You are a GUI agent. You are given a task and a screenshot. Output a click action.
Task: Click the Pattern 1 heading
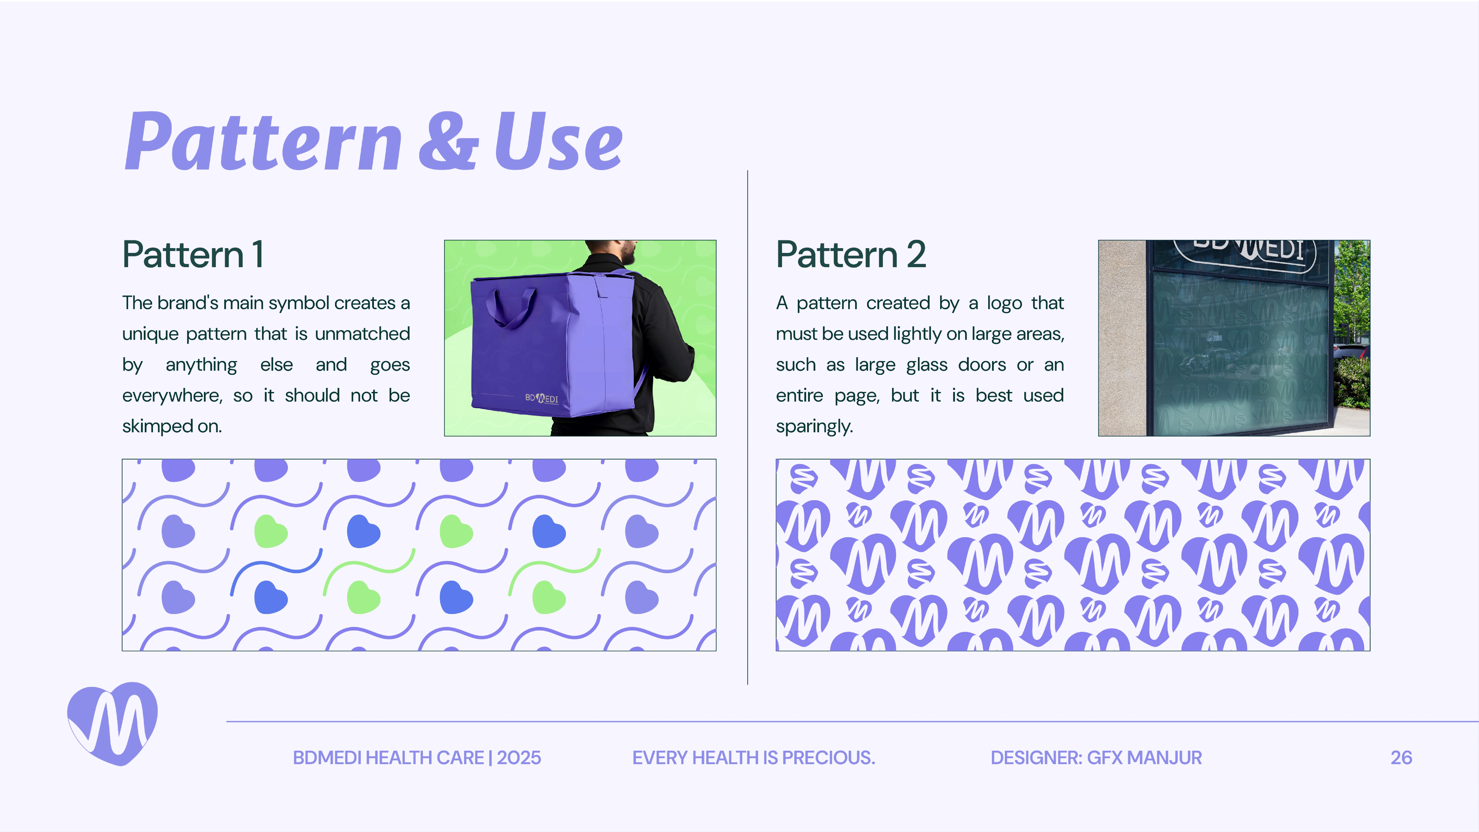click(193, 254)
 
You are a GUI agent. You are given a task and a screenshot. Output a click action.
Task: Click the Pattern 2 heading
click(851, 254)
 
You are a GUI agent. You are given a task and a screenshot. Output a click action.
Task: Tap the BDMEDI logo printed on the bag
click(541, 398)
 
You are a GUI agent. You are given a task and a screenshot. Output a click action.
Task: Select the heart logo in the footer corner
click(113, 723)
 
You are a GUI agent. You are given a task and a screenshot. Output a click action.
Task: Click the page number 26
click(1401, 758)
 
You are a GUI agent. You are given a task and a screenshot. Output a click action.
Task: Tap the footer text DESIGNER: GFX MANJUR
click(1096, 758)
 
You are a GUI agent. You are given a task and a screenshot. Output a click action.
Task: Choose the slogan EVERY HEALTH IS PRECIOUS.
click(753, 758)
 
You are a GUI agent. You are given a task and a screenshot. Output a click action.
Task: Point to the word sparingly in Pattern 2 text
click(814, 427)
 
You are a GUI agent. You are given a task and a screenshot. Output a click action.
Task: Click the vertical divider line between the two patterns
click(747, 427)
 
